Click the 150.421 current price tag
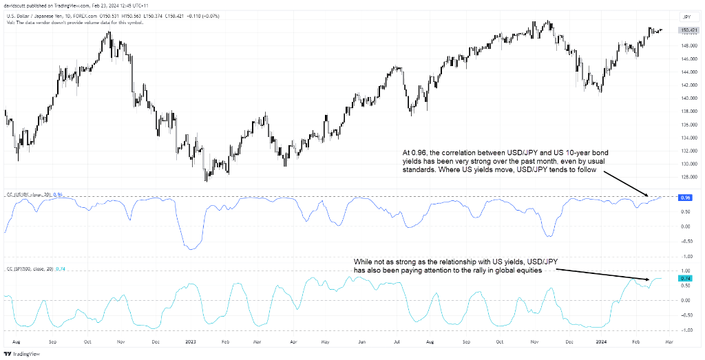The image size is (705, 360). pyautogui.click(x=686, y=30)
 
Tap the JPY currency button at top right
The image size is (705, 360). pyautogui.click(x=686, y=17)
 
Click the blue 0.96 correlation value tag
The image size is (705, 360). pyautogui.click(x=685, y=198)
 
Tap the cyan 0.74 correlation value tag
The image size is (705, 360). pyautogui.click(x=685, y=278)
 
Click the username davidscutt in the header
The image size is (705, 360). pyautogui.click(x=19, y=5)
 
